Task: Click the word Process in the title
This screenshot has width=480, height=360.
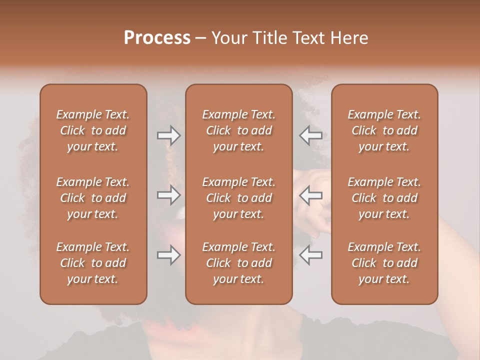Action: (x=157, y=38)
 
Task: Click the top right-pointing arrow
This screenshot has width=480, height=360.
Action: (x=169, y=135)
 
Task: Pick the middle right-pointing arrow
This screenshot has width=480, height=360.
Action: (x=169, y=195)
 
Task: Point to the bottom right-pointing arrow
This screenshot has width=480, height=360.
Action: (x=169, y=255)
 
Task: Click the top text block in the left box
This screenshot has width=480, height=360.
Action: (x=93, y=130)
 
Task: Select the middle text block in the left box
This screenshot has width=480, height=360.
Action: (x=93, y=198)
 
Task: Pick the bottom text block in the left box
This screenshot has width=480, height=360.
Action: (x=93, y=263)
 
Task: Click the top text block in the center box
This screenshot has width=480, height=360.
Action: (x=239, y=130)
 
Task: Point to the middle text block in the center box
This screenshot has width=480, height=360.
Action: (x=239, y=198)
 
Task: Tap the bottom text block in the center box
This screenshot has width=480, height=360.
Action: (x=239, y=263)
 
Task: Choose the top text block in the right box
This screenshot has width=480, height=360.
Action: (x=384, y=130)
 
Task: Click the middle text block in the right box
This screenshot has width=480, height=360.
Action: (x=384, y=198)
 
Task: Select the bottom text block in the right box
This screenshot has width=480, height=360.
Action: (x=384, y=263)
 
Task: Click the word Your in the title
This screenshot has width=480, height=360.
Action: (x=228, y=38)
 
